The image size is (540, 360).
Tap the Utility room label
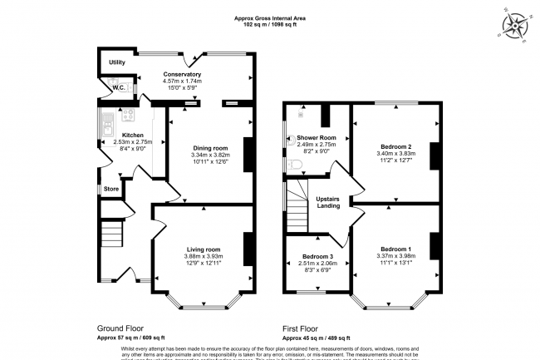[x=116, y=62]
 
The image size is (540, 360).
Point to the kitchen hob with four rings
[x=128, y=115]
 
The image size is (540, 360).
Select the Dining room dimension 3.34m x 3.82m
[x=209, y=155]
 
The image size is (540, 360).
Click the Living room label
[x=202, y=249]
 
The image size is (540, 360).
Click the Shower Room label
[x=316, y=137]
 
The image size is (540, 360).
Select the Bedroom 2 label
[x=395, y=147]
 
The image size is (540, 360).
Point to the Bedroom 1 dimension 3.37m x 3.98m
[x=395, y=256]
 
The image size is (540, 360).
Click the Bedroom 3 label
[x=317, y=256]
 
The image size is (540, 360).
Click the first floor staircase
[x=299, y=208]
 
